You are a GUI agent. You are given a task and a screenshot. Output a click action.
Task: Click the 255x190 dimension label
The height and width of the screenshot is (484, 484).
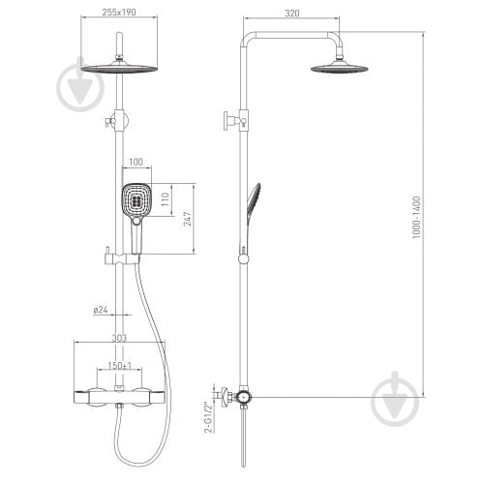point(119,13)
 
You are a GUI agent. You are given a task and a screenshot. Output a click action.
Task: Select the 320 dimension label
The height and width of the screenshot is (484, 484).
point(292,14)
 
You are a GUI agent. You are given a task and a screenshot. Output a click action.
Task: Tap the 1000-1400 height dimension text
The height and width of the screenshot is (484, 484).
point(416,218)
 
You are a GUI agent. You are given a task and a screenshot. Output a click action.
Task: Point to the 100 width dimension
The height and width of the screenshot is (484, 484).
point(136,162)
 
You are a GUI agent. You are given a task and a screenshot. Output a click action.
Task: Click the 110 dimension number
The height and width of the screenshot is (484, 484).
point(165,199)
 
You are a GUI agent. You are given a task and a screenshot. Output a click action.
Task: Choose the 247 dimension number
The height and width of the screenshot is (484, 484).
point(188,219)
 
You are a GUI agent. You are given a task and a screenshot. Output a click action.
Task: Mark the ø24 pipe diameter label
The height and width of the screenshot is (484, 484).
point(101,310)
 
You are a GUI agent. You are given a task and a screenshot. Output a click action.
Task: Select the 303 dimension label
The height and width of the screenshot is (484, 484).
point(119,338)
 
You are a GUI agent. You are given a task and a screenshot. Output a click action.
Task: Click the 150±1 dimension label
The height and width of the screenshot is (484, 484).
point(120,366)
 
